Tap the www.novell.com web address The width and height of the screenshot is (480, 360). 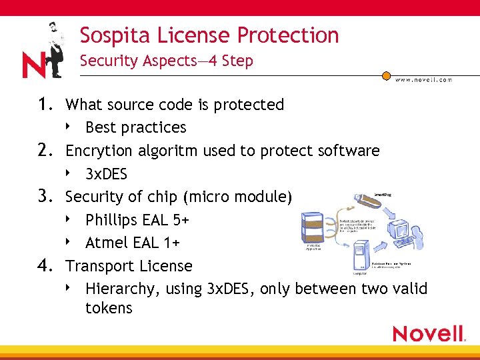[x=423, y=79]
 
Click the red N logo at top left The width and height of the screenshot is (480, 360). [x=34, y=65]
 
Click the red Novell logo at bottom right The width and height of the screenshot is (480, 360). [x=428, y=333]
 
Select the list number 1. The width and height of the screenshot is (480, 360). [x=45, y=105]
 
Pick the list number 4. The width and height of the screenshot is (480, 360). [x=45, y=266]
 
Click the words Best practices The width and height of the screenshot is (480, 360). [x=136, y=127]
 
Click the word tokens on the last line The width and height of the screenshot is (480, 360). [x=109, y=308]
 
